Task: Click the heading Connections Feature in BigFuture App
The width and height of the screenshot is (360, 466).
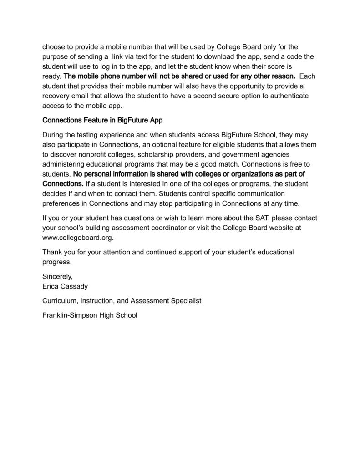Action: tap(102, 121)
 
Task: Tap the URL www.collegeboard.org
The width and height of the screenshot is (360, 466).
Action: tap(78, 238)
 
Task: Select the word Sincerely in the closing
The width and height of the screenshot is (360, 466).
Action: tap(57, 276)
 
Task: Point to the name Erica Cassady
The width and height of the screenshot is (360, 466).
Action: tap(65, 287)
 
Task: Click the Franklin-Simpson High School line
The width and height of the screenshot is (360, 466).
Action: tap(90, 315)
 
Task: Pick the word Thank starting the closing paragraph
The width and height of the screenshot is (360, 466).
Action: tap(52, 252)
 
